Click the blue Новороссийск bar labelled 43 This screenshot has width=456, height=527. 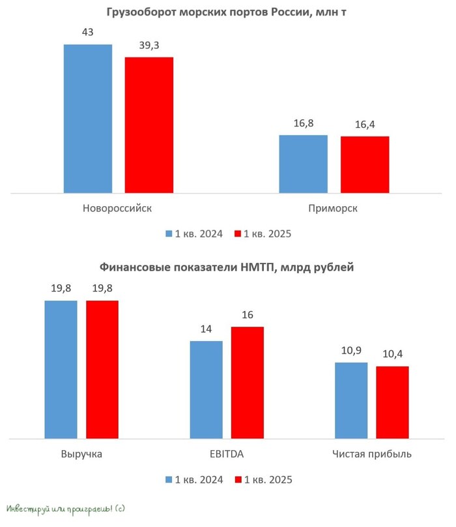88,119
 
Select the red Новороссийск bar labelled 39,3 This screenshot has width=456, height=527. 149,125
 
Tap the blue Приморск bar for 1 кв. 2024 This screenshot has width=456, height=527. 304,164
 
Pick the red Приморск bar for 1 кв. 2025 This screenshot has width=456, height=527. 365,164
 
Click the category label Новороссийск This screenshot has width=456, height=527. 118,209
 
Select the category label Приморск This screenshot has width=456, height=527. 334,209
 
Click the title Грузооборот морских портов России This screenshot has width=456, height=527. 227,12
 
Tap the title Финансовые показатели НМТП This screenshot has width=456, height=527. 227,267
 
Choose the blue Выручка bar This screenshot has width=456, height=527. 61,369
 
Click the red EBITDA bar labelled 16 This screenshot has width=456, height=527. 248,382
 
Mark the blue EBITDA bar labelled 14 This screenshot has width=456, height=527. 206,389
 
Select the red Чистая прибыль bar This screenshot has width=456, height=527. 392,402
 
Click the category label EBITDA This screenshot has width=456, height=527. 227,453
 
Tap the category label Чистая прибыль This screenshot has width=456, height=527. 371,453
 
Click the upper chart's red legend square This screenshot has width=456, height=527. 238,233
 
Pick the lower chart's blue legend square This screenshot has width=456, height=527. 169,479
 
